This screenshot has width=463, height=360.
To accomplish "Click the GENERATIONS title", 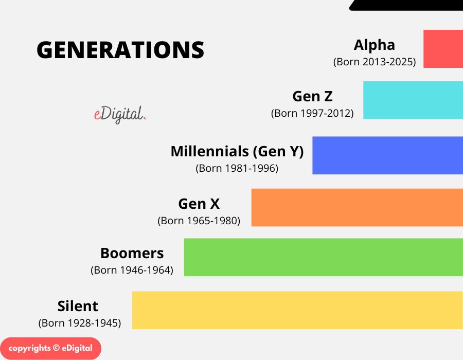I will click(120, 50).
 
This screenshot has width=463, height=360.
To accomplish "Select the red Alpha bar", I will click(443, 49).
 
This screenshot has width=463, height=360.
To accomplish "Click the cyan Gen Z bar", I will click(413, 100).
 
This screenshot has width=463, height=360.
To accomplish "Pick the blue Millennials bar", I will click(387, 155).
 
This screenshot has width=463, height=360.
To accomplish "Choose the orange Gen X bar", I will click(357, 207).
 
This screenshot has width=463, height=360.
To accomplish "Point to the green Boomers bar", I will click(323, 257).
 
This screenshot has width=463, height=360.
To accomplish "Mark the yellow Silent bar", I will click(297, 310).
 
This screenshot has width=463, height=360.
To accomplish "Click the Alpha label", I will click(375, 45).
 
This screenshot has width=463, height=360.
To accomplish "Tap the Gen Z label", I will click(312, 96).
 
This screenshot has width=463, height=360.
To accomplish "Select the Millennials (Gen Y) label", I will click(237, 151).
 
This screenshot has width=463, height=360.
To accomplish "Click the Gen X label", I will click(199, 204).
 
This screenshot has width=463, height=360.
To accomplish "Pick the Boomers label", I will click(132, 253).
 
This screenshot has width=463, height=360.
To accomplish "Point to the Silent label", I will click(78, 306).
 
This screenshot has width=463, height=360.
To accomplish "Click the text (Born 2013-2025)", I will click(375, 62).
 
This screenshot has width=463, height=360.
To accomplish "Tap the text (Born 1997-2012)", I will click(312, 113).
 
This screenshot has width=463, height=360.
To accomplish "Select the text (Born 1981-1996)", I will click(237, 168).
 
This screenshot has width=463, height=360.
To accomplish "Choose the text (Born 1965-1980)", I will click(199, 221).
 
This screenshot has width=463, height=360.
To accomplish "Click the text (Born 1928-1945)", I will click(79, 323).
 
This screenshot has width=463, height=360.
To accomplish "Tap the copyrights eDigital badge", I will click(50, 348).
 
